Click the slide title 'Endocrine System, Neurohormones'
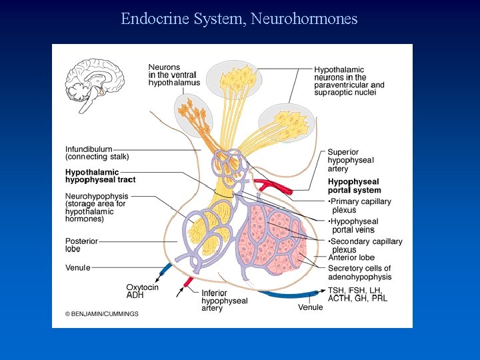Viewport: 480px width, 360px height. point(239,19)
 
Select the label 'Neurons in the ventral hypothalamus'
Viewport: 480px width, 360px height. point(173,75)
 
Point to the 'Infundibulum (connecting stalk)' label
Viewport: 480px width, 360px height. point(97,153)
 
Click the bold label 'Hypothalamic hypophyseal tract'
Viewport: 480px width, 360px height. point(100,176)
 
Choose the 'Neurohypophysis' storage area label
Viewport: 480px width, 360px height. point(97,207)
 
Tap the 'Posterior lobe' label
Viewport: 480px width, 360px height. point(82,245)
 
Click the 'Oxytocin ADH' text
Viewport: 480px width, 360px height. point(143,291)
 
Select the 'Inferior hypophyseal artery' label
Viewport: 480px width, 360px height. point(224,301)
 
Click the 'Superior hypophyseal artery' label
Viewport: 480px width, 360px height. point(351,161)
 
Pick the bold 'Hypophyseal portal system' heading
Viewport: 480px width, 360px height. point(354,185)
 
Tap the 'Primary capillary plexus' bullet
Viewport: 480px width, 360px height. point(359,205)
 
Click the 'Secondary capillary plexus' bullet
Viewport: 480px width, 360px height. point(365,245)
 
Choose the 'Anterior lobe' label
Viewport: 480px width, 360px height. point(351,257)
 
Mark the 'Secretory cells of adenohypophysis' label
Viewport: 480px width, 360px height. point(360,273)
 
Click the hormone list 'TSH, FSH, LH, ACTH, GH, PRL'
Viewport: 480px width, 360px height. point(357,294)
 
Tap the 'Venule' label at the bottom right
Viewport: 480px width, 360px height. point(311,307)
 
